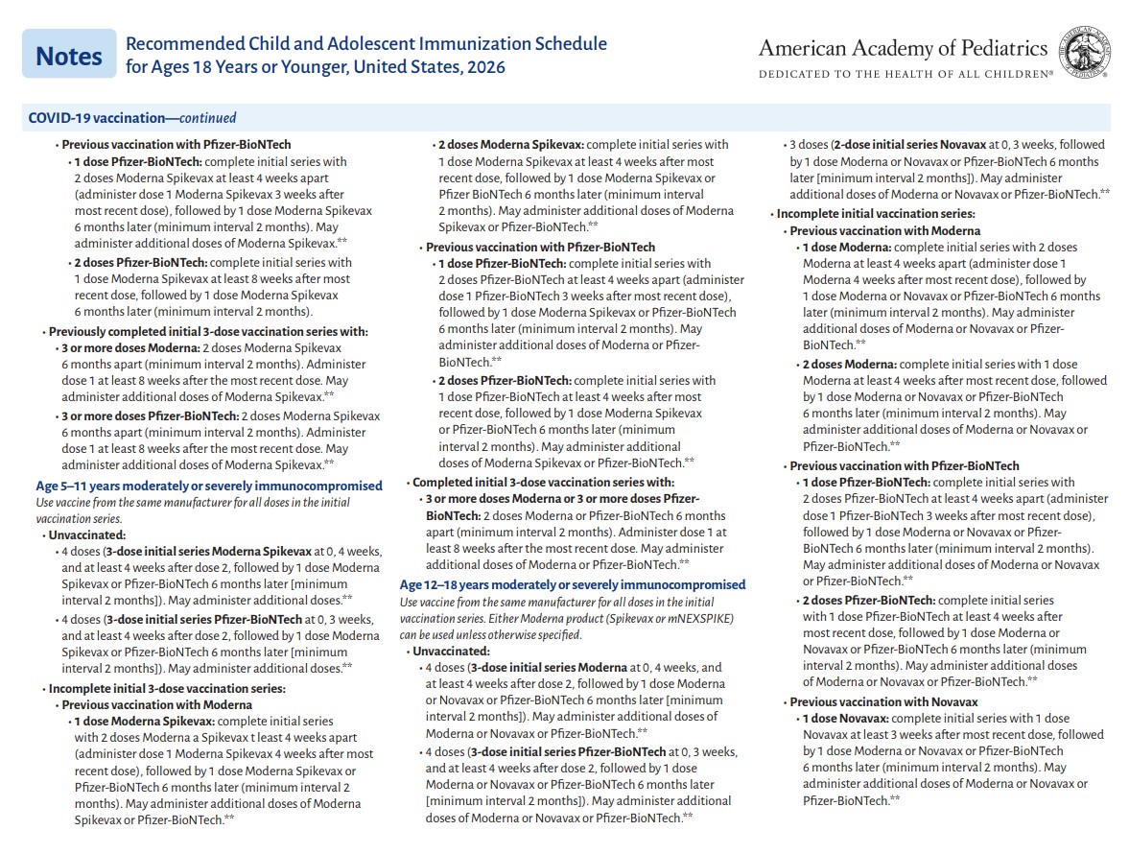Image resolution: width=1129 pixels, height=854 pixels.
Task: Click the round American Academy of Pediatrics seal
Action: (x=1084, y=54)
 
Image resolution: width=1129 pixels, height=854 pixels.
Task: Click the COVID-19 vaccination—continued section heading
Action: (x=132, y=118)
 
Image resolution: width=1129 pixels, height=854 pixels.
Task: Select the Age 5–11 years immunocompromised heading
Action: (x=209, y=486)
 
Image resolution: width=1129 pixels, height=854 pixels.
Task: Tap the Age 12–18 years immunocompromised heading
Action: (x=573, y=584)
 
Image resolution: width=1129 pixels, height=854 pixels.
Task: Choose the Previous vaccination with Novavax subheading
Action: (x=883, y=701)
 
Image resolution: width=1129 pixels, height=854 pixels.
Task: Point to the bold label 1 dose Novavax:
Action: (x=845, y=718)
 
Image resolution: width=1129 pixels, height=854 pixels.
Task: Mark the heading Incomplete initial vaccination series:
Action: (x=876, y=213)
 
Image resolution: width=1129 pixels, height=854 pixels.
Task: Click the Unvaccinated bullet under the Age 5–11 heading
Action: (x=87, y=534)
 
